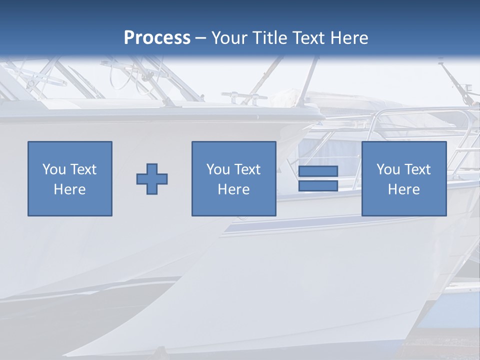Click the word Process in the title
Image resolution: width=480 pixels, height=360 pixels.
157,37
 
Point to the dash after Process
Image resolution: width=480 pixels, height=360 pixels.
200,38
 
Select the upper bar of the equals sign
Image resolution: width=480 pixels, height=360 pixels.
318,171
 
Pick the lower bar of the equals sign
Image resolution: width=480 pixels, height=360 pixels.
318,186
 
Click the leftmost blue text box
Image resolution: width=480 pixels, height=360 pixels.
70,178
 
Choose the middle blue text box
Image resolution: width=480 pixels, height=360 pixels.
233,178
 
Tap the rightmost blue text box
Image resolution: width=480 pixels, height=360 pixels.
404,178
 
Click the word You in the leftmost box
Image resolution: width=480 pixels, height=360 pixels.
54,169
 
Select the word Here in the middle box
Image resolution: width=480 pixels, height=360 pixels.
233,189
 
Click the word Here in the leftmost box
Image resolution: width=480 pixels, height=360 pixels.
70,189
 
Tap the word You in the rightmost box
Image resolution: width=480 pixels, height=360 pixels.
388,169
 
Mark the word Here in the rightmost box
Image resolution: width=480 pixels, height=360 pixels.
404,189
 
